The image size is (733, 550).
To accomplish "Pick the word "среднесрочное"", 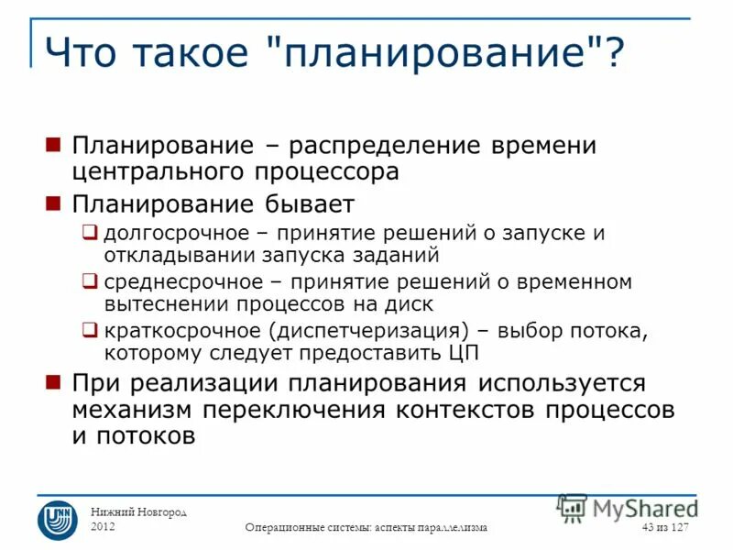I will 174,281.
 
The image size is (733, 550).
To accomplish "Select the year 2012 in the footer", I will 104,527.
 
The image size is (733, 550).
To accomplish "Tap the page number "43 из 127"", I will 665,527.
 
